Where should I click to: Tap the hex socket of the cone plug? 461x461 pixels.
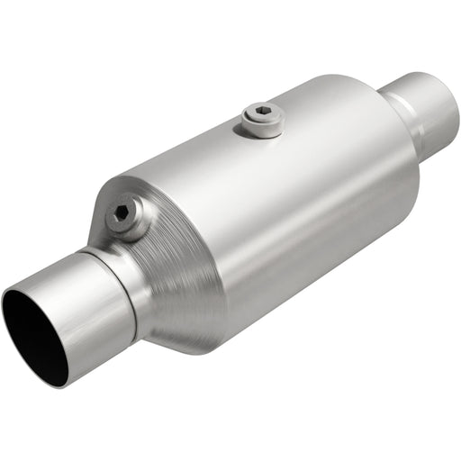[123, 214]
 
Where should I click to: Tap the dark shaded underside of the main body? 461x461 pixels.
[306, 288]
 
